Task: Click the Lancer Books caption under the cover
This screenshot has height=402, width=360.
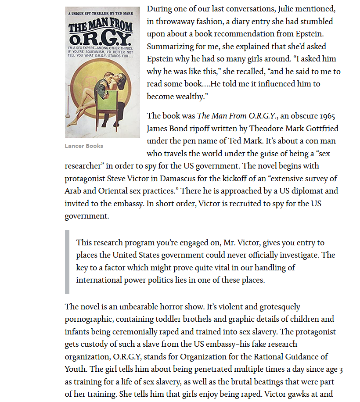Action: pos(84,146)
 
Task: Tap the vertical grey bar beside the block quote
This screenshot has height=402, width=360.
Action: pos(67,262)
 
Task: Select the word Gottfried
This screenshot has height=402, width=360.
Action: pos(320,129)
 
